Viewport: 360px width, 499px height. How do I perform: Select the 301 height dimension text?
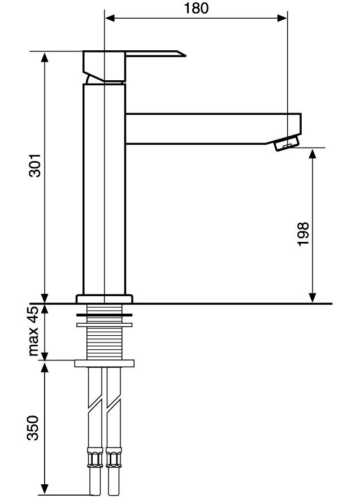pos(35,165)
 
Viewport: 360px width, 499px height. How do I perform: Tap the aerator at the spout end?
pos(287,144)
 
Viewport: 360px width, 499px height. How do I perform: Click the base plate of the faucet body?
pos(105,298)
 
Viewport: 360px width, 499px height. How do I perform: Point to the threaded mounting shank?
pos(105,342)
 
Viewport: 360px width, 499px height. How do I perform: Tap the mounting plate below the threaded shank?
pos(105,362)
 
